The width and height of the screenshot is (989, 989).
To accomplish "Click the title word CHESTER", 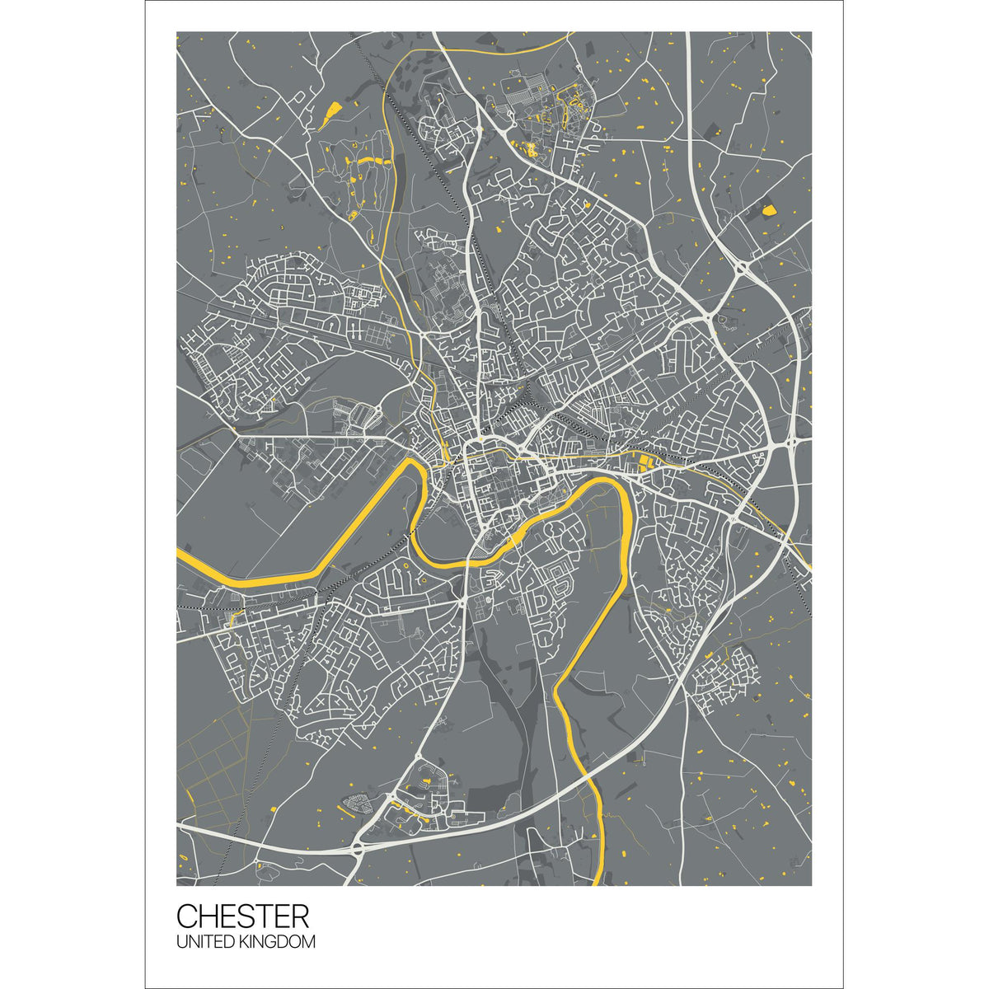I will (x=243, y=916).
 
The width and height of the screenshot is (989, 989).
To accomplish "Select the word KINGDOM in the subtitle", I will (x=278, y=941).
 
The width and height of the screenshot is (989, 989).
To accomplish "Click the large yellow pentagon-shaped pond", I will (x=769, y=209).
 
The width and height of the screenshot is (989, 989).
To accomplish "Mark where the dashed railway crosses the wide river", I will (x=410, y=534).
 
